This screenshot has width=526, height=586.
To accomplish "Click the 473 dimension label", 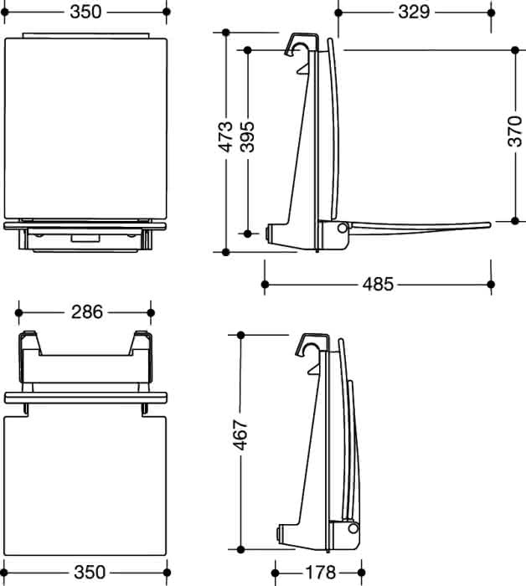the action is (x=225, y=136).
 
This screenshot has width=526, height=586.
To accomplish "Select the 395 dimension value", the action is (x=247, y=136).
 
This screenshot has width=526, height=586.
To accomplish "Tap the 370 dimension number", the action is (x=515, y=131).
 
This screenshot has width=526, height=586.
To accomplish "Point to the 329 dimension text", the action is (x=414, y=13).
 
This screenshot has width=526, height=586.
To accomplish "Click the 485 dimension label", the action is (x=378, y=285).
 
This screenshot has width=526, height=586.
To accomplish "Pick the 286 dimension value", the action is (x=87, y=312).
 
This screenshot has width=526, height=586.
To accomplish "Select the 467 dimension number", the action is (x=240, y=435).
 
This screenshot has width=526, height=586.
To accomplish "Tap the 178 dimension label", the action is (x=321, y=573).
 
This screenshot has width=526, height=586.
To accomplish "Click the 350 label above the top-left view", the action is (x=85, y=13).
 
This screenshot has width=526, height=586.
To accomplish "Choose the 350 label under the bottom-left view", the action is (x=90, y=573).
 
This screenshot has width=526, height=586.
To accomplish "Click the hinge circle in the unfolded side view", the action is (x=342, y=228).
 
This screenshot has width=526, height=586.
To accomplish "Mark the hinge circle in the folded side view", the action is (x=353, y=528).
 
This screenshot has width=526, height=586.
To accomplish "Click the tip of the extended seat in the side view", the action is (x=489, y=225).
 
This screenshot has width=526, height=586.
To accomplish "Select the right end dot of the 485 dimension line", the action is (x=491, y=285).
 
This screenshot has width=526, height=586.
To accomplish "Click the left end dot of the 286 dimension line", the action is (x=18, y=312).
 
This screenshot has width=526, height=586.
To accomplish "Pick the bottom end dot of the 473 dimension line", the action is (x=225, y=252).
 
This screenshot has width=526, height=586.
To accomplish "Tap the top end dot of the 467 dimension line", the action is (x=240, y=335).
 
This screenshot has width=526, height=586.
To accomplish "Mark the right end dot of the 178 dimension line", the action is (x=361, y=573).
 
